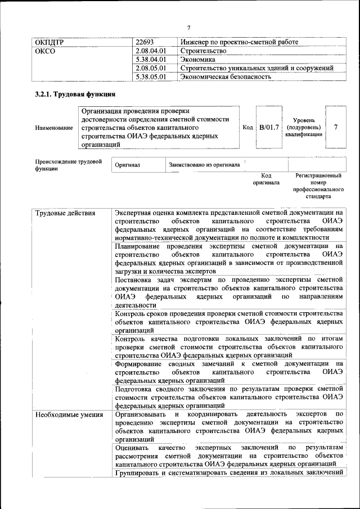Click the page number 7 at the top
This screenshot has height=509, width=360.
189,28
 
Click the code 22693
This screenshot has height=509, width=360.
145,42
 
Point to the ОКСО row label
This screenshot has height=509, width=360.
46,51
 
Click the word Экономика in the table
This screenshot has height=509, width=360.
197,59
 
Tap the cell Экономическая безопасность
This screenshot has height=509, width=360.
226,76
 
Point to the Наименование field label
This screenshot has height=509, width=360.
54,128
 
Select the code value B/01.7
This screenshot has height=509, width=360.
268,128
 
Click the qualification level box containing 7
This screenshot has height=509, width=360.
336,128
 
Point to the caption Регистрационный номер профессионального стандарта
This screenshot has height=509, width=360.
318,186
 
